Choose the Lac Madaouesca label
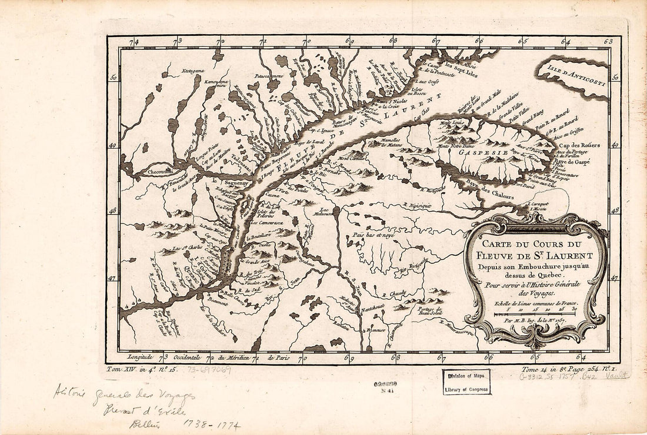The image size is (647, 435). [321, 212]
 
